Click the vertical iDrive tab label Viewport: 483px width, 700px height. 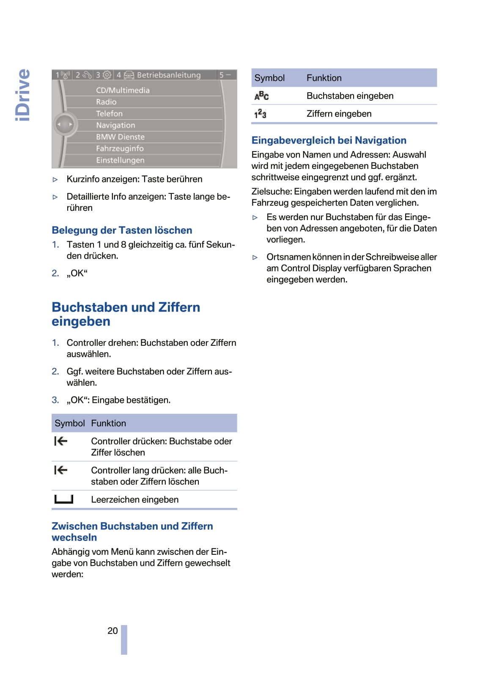coord(23,95)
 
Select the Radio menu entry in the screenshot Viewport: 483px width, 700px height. coord(106,102)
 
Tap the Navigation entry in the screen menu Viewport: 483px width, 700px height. coord(115,125)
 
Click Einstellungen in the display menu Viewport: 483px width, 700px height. coord(120,160)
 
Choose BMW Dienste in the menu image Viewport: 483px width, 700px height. coord(120,137)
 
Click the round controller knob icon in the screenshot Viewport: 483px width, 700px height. coord(65,124)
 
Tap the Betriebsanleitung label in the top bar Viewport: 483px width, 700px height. coord(169,75)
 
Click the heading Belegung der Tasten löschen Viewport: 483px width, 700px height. coord(122,230)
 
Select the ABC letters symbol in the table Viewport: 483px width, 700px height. coord(261,96)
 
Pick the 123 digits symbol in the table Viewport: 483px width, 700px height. coord(260,114)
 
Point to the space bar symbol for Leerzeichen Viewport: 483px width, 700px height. coord(64,499)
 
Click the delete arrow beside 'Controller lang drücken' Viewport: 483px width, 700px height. coord(61,470)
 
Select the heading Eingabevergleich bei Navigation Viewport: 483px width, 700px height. coord(329,141)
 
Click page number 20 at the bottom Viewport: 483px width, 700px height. coord(113,631)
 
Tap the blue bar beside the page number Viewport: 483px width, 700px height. coord(124,639)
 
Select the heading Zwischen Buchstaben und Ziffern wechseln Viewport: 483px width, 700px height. coord(132,532)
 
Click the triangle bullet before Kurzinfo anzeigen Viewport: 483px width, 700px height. coord(55,179)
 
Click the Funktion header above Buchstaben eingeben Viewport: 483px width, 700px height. coord(324,78)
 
